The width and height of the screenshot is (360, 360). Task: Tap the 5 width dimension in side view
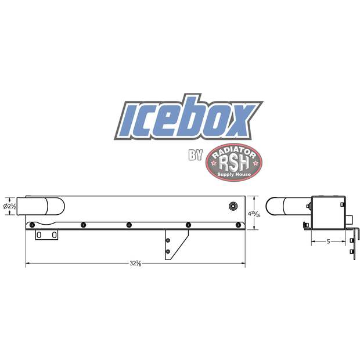[x=328, y=242]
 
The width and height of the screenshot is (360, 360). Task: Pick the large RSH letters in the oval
[x=234, y=163]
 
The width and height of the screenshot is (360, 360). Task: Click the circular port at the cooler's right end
[x=233, y=206]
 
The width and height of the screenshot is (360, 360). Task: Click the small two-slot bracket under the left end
[x=46, y=235]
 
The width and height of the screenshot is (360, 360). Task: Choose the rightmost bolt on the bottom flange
[x=237, y=225]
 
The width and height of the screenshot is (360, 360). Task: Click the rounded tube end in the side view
[x=273, y=207]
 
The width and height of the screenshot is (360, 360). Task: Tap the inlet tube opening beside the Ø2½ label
[x=21, y=207]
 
